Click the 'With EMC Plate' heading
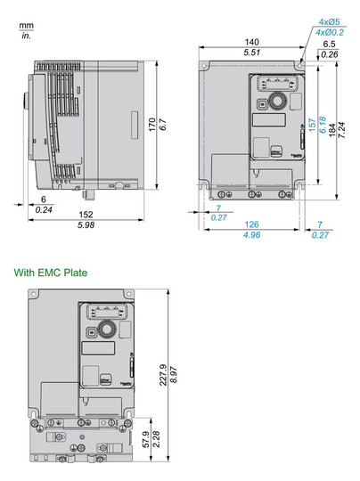click(x=50, y=273)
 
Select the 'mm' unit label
click(x=25, y=27)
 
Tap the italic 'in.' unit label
click(x=25, y=37)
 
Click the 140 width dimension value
click(x=253, y=42)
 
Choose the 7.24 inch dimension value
click(x=342, y=128)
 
